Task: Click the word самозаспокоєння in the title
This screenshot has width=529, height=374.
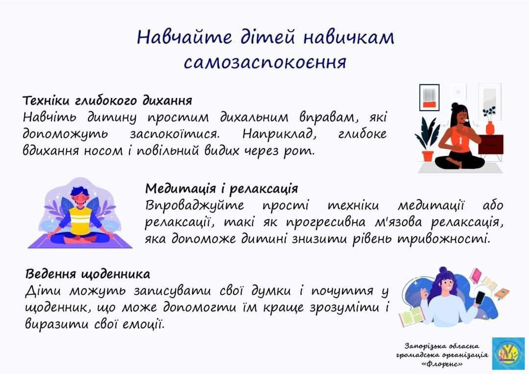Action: click(x=265, y=62)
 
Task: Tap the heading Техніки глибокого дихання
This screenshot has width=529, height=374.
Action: click(x=107, y=100)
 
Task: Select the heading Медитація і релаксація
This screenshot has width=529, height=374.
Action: click(x=222, y=188)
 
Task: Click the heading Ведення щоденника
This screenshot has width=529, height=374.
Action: click(x=88, y=274)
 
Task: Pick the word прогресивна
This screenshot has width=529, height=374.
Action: click(x=326, y=222)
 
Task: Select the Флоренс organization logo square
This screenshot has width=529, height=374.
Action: click(x=508, y=353)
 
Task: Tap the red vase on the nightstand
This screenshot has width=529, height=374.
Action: click(x=490, y=128)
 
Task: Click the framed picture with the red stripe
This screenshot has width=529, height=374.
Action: click(x=429, y=97)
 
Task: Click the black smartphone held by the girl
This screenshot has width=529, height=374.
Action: click(x=480, y=299)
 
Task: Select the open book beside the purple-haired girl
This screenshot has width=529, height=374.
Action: click(x=411, y=317)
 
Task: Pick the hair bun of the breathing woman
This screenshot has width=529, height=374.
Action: click(x=455, y=106)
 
